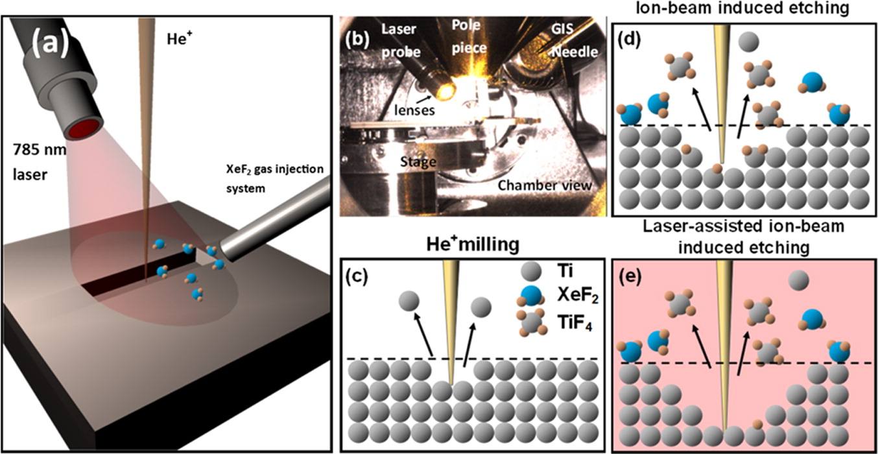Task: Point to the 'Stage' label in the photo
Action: (418, 160)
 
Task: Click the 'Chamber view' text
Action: (545, 185)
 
